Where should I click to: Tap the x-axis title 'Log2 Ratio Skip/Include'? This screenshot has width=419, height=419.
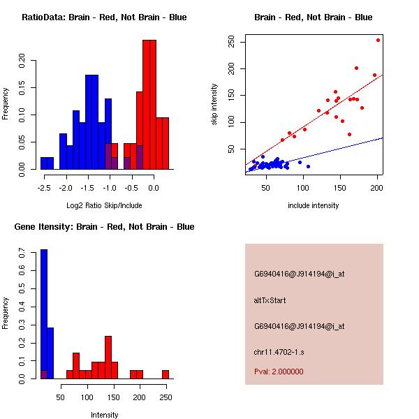pos(104,205)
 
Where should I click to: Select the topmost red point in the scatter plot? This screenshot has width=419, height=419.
pos(378,40)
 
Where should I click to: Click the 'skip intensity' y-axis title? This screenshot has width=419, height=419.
pos(214,105)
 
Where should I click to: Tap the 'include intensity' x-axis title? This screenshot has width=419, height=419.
pos(314,205)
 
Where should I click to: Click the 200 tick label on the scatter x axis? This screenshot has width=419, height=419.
pos(377,188)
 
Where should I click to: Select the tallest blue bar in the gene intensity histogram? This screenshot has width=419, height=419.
pos(43,314)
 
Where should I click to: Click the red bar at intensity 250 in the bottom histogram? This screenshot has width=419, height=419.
pos(166,374)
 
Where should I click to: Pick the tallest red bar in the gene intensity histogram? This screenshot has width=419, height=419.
pos(108,357)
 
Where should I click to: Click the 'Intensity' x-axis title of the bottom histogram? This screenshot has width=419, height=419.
pos(104,415)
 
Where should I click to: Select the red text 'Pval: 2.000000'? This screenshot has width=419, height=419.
pos(279,372)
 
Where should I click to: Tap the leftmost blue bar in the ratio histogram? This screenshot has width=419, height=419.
pos(47,163)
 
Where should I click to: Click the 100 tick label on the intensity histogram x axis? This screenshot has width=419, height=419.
pos(87,397)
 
